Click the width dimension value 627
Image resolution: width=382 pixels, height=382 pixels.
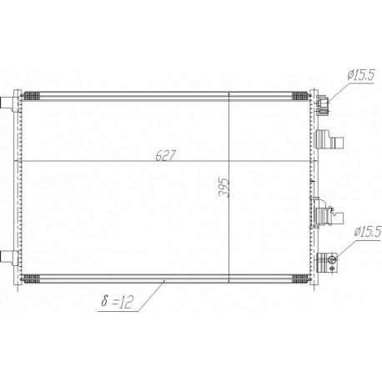coord(166,155)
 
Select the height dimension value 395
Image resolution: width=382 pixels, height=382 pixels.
coord(224,188)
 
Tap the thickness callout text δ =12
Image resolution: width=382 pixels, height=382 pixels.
coord(118,301)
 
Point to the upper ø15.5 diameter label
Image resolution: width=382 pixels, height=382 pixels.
coord(361,75)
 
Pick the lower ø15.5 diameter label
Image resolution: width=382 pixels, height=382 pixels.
coord(368,232)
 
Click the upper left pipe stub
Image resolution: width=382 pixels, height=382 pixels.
coord(7,103)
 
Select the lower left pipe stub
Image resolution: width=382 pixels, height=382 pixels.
coord(7,256)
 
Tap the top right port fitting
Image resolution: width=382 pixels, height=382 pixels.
coord(323,104)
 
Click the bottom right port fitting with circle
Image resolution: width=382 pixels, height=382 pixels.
coord(327,263)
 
